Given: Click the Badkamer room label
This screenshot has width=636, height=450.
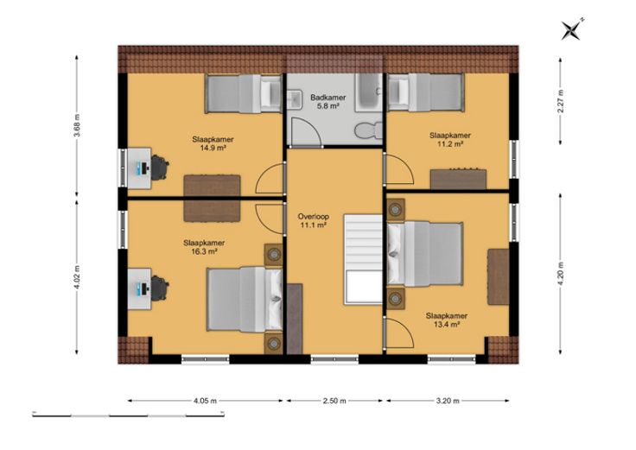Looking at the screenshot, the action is [x=328, y=98].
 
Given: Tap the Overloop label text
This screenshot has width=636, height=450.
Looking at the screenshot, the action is [x=313, y=217].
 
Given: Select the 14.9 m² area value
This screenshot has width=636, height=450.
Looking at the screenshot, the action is [x=213, y=148].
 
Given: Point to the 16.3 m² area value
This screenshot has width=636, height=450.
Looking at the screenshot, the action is [x=204, y=251].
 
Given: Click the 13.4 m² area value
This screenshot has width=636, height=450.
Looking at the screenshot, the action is [x=447, y=324].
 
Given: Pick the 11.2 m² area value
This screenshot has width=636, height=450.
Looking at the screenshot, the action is [x=450, y=144].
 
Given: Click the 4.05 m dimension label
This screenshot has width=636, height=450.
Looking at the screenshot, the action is [x=206, y=401].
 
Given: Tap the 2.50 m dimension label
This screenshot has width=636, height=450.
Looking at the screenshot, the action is [x=334, y=401].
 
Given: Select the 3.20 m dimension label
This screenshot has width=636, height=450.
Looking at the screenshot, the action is [x=448, y=401].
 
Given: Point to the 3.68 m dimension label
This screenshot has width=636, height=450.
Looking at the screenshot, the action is [x=77, y=126].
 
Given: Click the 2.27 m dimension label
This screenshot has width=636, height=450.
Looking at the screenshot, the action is [x=561, y=100].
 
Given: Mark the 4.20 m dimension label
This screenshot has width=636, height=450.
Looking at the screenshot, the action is [x=561, y=274].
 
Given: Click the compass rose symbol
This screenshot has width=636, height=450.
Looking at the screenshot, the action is [x=571, y=29].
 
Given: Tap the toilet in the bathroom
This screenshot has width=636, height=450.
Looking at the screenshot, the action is [x=368, y=130].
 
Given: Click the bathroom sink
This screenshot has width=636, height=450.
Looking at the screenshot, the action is [x=295, y=99].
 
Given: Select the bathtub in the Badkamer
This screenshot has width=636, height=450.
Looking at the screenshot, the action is [x=369, y=92].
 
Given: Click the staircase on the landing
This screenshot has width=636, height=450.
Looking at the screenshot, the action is [x=363, y=259].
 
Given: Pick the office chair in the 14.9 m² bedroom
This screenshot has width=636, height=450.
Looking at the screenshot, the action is [x=160, y=167].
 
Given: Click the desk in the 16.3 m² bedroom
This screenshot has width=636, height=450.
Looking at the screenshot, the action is [x=139, y=288].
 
